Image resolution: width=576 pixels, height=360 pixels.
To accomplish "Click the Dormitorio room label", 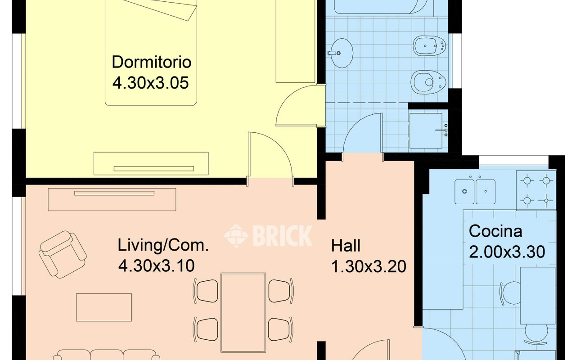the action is tap(152, 62).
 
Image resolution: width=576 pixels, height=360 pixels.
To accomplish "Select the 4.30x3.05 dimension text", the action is tap(151, 83).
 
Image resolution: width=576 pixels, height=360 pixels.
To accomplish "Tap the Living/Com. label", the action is tap(163, 245).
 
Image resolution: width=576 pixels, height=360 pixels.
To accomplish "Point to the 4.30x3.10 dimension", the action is tap(156, 265).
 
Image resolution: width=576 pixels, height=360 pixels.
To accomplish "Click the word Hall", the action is tap(346, 246).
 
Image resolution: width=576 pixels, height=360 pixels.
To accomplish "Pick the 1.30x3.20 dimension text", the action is tap(369, 266).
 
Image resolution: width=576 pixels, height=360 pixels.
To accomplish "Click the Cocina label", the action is tap(495, 231).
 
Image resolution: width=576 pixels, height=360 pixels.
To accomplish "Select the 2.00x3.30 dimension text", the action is tap(507, 252).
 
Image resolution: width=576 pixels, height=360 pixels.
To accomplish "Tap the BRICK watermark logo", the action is tap(268, 235).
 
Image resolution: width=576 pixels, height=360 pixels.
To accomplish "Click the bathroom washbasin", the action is tap(341, 53).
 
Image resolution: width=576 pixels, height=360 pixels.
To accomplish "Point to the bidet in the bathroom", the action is tap(429, 46).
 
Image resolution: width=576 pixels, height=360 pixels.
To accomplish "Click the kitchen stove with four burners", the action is tap(536, 191).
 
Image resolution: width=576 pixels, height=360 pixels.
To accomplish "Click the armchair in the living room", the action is tap(63, 254).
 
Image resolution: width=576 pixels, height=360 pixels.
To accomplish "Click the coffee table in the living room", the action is tap(104, 307).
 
